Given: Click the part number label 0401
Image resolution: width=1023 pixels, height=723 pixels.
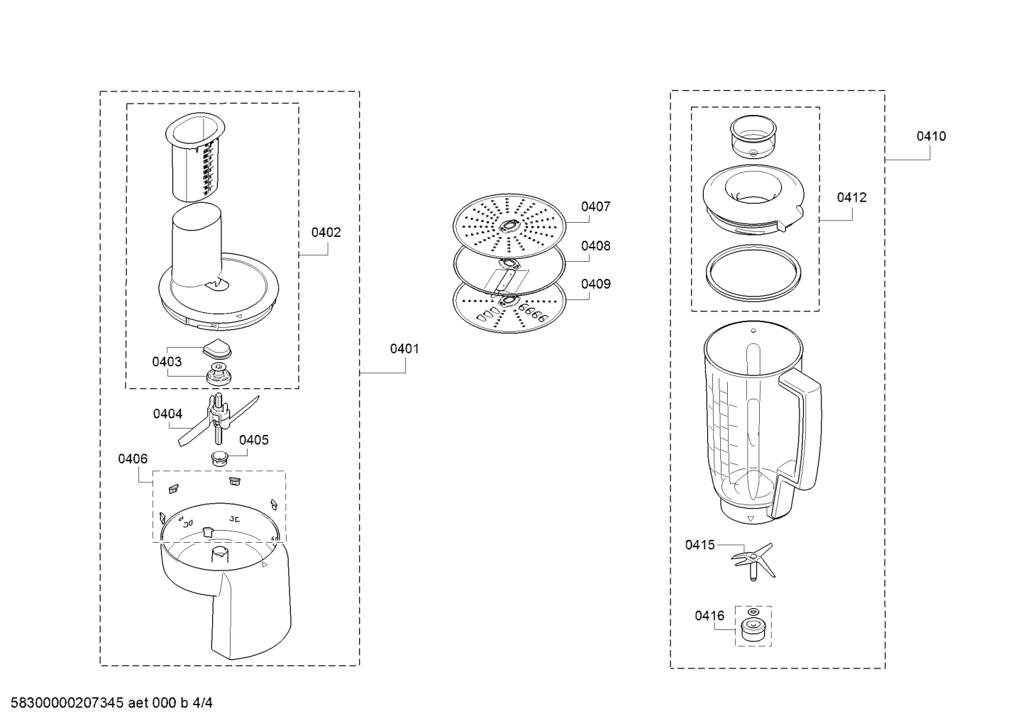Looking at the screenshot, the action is pyautogui.click(x=404, y=349).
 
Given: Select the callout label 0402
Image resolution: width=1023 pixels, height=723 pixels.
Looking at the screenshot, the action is pyautogui.click(x=326, y=233).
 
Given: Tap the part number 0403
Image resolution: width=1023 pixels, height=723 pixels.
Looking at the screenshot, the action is pyautogui.click(x=167, y=362).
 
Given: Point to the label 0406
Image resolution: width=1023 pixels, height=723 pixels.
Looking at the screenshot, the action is pyautogui.click(x=133, y=458).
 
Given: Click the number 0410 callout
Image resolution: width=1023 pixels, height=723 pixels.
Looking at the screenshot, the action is pyautogui.click(x=931, y=136).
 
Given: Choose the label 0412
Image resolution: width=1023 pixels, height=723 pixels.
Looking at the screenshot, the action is pyautogui.click(x=851, y=197).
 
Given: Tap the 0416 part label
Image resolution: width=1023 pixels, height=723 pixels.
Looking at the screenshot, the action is pyautogui.click(x=709, y=616).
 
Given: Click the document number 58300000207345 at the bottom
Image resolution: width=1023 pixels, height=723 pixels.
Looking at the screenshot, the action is pyautogui.click(x=67, y=703).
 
